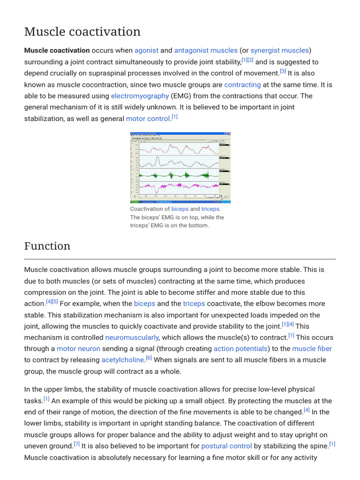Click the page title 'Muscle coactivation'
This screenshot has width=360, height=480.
point(82,32)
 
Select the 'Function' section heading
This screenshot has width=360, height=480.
point(47,246)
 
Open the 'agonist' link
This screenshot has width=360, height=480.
point(146,50)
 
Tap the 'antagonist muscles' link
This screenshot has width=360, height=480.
point(206,50)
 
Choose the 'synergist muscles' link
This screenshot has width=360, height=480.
point(279,50)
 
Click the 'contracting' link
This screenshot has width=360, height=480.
point(242,85)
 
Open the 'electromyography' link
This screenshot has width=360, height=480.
point(140,96)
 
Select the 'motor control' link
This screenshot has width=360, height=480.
point(148,119)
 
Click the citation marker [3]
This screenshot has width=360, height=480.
point(283,72)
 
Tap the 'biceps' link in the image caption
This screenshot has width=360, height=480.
point(180,209)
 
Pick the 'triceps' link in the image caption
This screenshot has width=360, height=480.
point(210,209)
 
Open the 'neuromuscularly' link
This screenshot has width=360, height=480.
point(132,337)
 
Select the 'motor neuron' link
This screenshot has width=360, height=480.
point(78,349)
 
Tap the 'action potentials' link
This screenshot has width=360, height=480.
point(240,349)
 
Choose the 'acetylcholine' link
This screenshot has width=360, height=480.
point(122,360)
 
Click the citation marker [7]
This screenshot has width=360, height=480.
point(76,444)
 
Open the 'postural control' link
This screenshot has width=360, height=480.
point(226,446)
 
